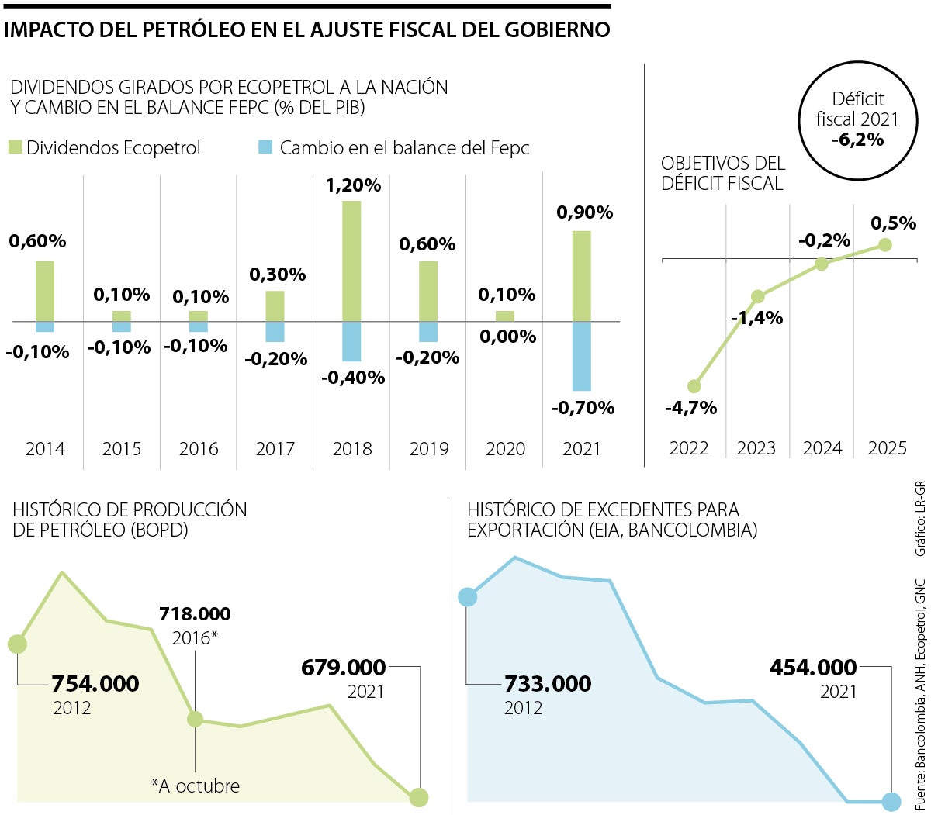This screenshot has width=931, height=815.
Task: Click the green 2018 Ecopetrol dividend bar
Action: tap(351, 261)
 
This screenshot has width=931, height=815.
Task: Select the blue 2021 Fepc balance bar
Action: tap(582, 356)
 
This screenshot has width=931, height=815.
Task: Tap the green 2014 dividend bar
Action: tap(45, 291)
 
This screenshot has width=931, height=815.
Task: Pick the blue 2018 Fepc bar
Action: tap(351, 341)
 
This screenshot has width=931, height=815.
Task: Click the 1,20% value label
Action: tap(353, 185)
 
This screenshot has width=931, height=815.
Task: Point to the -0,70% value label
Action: tap(583, 408)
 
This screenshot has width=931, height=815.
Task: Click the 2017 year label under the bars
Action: tap(275, 449)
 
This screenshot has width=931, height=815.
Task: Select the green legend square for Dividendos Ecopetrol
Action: tap(16, 147)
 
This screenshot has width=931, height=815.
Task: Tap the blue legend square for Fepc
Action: tap(266, 147)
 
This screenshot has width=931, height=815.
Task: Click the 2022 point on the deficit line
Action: tap(694, 386)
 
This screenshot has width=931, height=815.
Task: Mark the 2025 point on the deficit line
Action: tap(885, 245)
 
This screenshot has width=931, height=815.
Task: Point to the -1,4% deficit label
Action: tap(756, 318)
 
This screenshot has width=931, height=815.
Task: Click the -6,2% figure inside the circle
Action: tap(857, 140)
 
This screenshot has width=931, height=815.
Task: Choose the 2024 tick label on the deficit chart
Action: tap(822, 449)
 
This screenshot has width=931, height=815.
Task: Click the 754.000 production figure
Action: tap(95, 684)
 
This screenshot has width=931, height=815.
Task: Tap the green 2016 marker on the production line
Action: tap(196, 719)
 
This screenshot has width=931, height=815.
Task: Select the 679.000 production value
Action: tap(343, 668)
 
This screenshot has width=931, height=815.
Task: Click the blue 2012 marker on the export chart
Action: tap(467, 596)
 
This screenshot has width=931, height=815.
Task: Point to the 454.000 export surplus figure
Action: tap(813, 668)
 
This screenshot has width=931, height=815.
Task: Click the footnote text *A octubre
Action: tap(196, 786)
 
